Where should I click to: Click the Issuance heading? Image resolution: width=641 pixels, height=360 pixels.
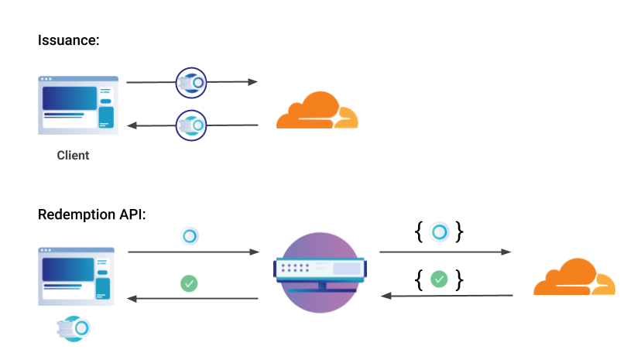(x=68, y=40)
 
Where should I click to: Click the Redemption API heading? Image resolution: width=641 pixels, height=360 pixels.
(x=91, y=214)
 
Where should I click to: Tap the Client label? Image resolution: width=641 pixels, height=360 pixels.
(x=73, y=156)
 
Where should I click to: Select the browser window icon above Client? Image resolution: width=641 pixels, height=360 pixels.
(x=78, y=105)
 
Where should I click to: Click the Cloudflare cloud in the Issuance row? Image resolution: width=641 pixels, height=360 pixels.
(x=317, y=110)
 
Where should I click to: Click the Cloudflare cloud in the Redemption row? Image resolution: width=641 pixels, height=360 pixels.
(x=574, y=276)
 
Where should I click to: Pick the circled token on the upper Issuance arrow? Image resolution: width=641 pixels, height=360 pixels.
(x=191, y=83)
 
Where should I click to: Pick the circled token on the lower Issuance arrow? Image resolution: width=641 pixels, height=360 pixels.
(x=191, y=125)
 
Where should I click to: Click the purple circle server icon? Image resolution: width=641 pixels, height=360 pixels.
(x=320, y=273)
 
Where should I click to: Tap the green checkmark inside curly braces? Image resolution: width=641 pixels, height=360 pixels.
(x=439, y=279)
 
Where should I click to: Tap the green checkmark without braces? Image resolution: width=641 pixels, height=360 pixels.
(x=189, y=283)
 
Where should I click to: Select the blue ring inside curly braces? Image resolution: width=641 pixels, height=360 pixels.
(x=440, y=232)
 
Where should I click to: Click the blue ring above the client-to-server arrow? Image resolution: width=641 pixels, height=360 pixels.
(x=190, y=236)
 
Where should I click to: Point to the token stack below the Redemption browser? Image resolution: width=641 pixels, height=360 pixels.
(x=74, y=328)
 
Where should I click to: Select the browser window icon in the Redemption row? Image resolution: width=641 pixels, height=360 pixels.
(x=76, y=276)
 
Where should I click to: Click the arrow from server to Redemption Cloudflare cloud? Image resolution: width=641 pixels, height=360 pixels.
(x=445, y=252)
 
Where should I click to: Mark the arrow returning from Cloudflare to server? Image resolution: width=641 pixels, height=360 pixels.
(x=447, y=296)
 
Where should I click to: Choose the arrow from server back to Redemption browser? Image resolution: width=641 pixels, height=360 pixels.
(x=193, y=299)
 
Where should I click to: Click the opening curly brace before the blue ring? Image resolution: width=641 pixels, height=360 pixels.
(x=419, y=232)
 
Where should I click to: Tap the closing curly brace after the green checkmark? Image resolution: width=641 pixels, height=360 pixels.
(x=460, y=280)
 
